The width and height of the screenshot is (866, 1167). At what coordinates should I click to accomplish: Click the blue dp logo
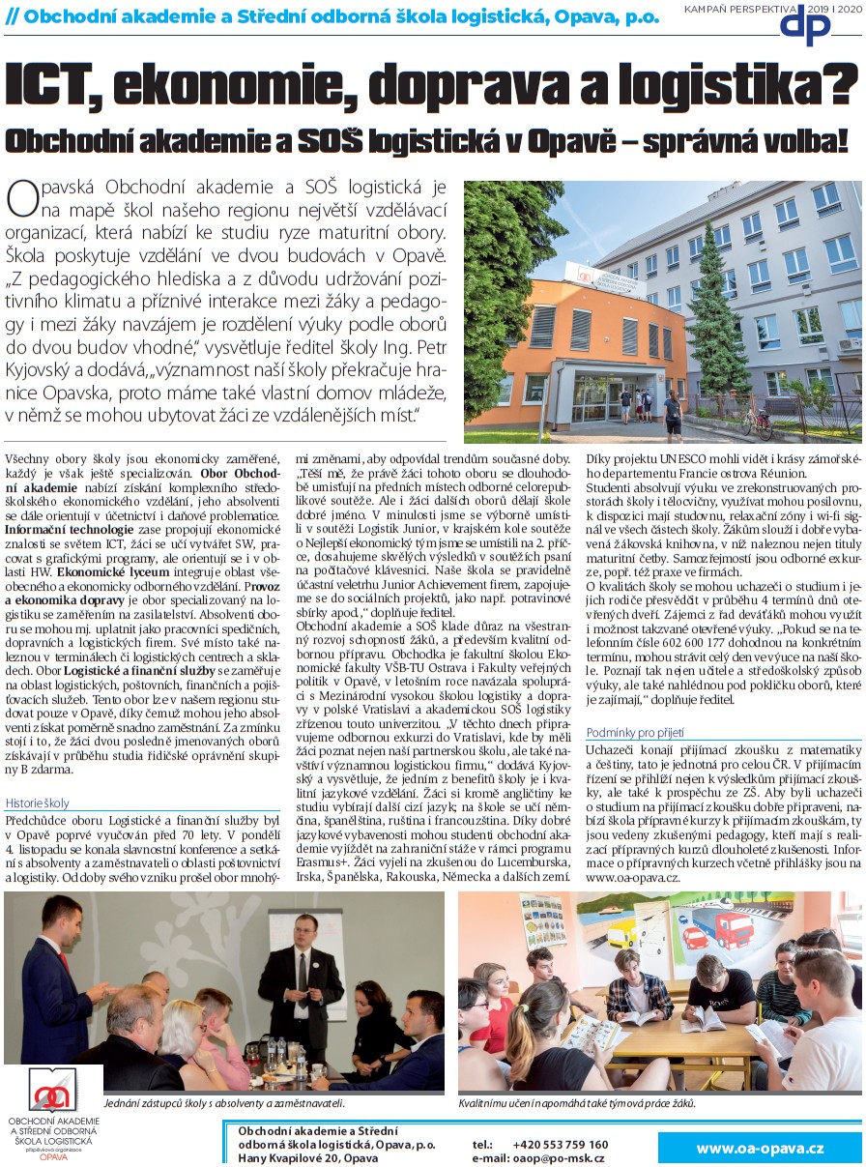805,26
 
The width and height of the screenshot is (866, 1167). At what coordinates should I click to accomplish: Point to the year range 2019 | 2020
834,8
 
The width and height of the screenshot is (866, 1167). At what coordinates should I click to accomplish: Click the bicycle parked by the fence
756,420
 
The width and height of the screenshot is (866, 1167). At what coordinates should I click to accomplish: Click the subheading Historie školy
38,803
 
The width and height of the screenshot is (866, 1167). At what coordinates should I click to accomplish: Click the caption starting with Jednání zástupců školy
223,1102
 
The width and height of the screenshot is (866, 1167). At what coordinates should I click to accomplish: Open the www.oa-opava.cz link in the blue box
760,1149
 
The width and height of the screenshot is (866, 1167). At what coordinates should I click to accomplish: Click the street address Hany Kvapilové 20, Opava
308,1157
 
